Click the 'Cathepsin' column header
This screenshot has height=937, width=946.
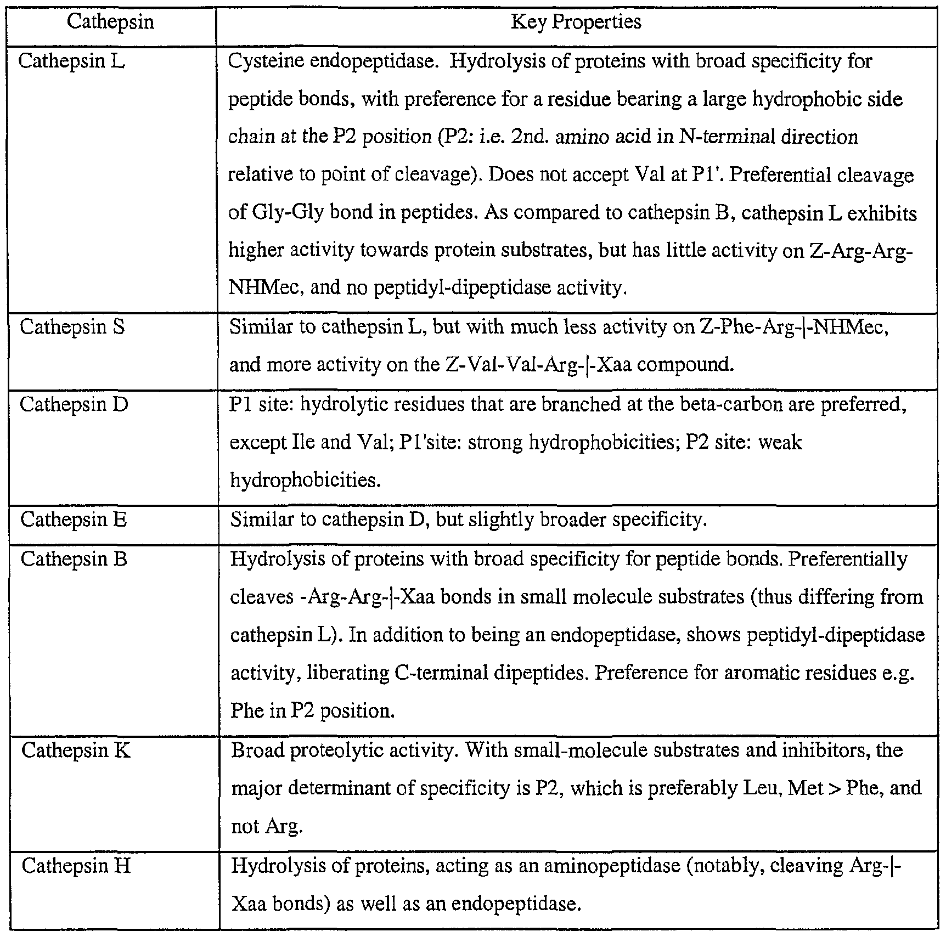[x=110, y=23]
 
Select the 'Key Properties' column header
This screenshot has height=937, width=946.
[x=576, y=22]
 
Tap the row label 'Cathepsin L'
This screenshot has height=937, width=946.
[x=71, y=61]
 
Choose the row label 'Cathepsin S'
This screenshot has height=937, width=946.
[x=72, y=327]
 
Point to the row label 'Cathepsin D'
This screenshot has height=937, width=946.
[x=74, y=404]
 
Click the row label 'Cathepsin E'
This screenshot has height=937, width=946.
[x=74, y=519]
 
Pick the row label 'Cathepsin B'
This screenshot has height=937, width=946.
[x=74, y=559]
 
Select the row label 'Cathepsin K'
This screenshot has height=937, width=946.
[x=76, y=750]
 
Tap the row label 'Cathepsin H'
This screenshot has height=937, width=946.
[x=76, y=866]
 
